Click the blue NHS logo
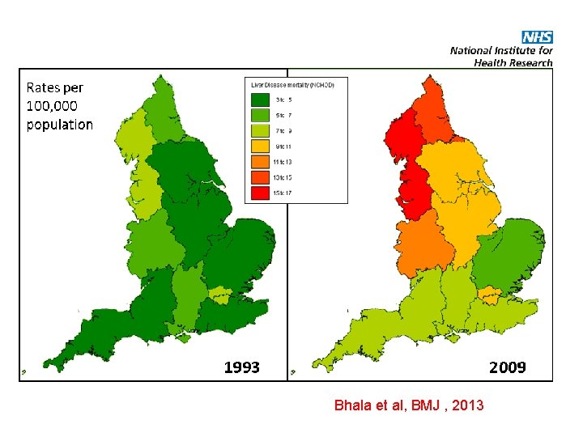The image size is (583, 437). (x=537, y=37)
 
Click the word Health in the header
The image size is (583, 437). (x=493, y=62)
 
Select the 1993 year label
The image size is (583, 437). (x=241, y=367)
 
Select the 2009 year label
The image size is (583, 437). (x=507, y=367)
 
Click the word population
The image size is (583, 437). (x=59, y=125)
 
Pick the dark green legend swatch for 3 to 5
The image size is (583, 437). (x=260, y=100)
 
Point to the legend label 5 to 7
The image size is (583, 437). (x=283, y=116)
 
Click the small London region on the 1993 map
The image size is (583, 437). (x=219, y=291)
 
